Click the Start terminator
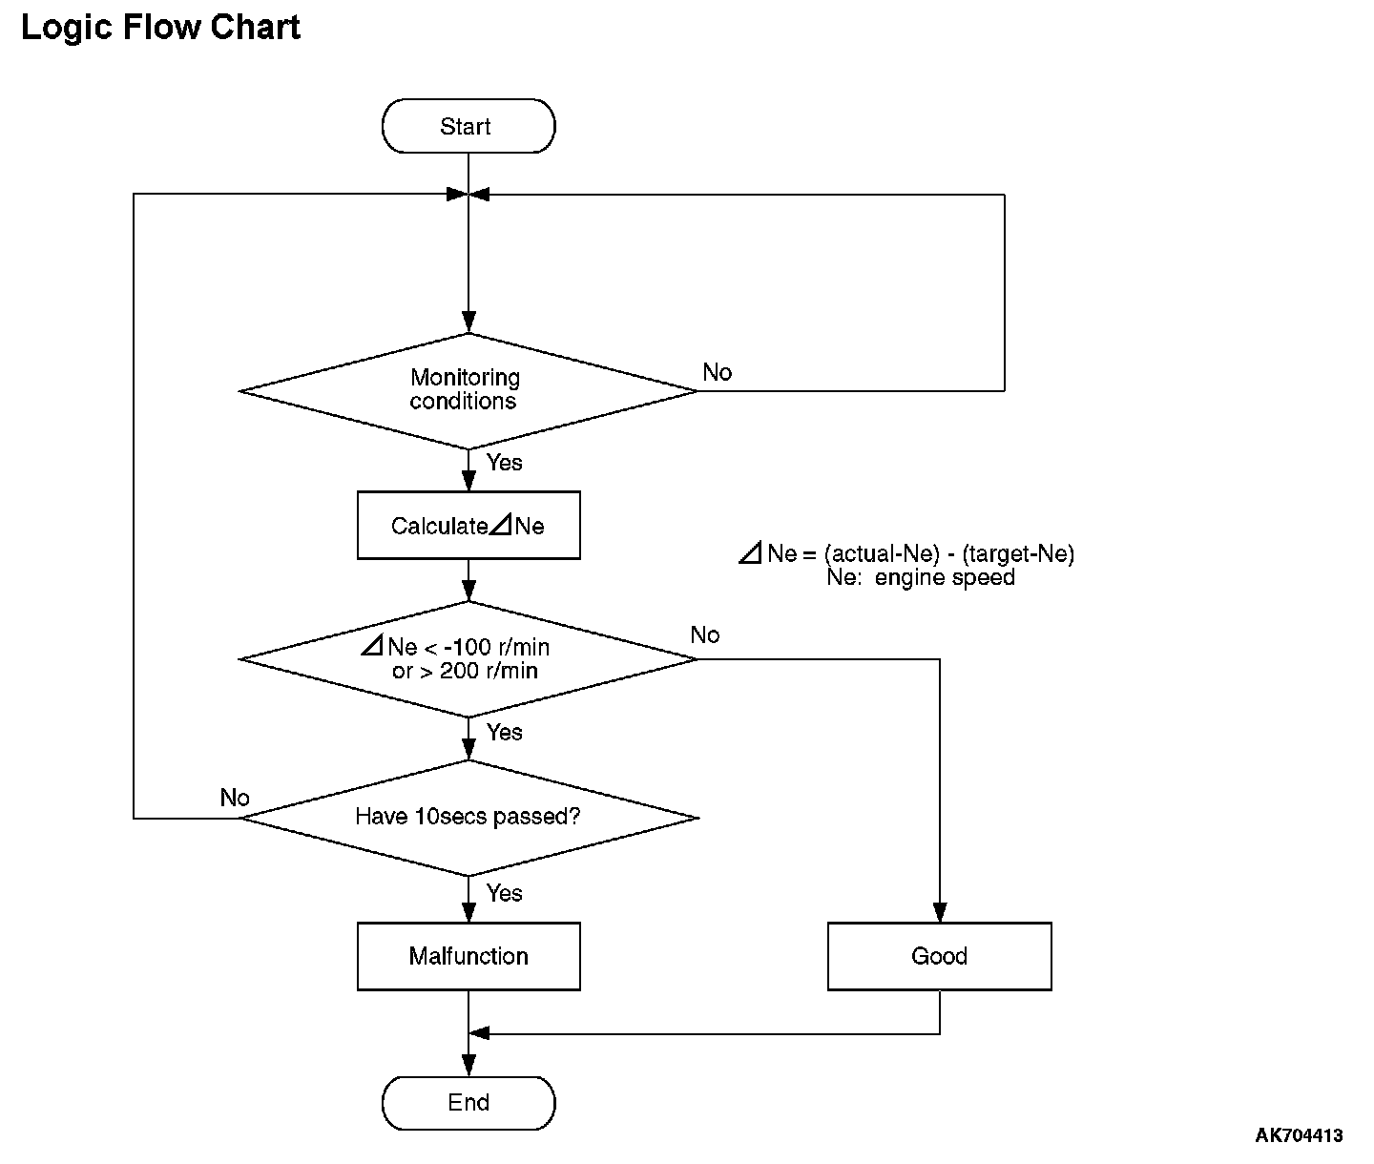point(468,126)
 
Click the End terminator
point(468,1103)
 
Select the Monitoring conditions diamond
point(468,391)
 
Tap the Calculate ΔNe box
point(468,525)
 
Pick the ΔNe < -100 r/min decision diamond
point(468,659)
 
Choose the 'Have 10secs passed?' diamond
point(468,818)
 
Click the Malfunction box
point(468,957)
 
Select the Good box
point(939,957)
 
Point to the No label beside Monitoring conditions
point(718,372)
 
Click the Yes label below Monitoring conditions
point(505,463)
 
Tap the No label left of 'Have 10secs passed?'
point(235,798)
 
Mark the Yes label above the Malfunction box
point(505,893)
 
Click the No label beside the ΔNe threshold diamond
point(705,635)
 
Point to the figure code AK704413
point(1299,1135)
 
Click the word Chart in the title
point(256,28)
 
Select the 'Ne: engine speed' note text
point(921,577)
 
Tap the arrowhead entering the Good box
point(940,912)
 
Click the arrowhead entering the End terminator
point(468,1066)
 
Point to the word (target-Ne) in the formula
point(1018,553)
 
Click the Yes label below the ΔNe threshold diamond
point(505,733)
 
